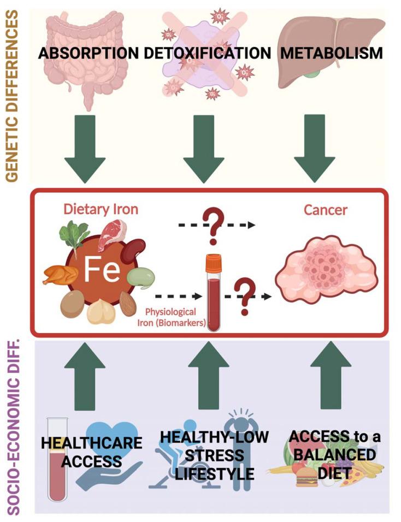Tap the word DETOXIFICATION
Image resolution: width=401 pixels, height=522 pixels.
[208, 53]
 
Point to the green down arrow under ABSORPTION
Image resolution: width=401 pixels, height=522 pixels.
[88, 147]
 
